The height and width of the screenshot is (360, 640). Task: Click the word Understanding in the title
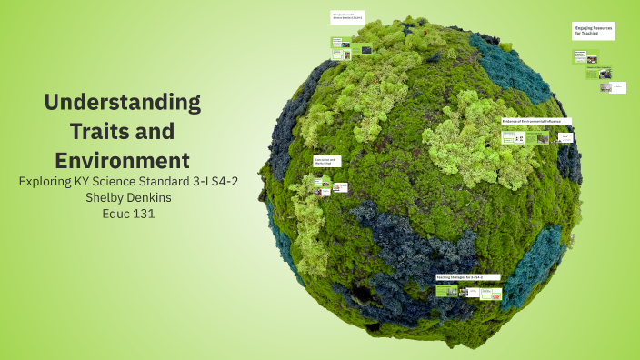click(x=123, y=102)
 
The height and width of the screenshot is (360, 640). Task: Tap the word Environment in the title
click(x=123, y=160)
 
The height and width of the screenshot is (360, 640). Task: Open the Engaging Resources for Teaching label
click(x=594, y=31)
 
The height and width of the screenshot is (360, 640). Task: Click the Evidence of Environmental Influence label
click(x=536, y=121)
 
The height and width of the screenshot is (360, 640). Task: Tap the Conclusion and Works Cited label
click(x=325, y=161)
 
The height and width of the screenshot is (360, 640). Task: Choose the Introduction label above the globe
click(x=346, y=16)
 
